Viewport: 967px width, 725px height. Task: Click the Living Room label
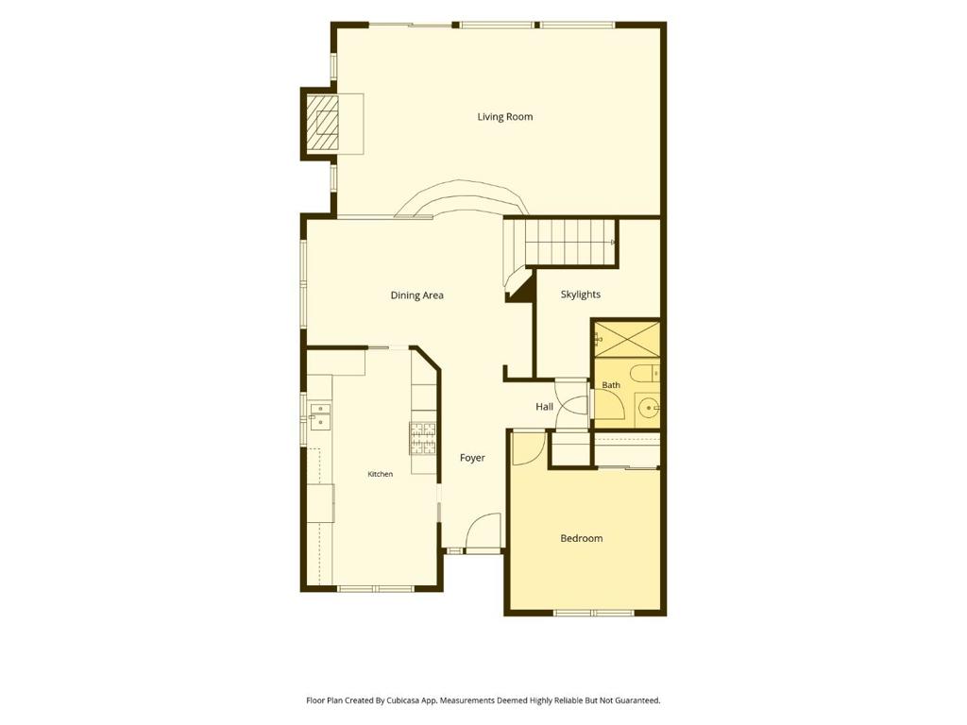coord(505,116)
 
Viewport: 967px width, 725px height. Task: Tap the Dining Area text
coord(416,295)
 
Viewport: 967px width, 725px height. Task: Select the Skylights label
coord(581,295)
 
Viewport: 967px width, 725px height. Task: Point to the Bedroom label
coord(581,538)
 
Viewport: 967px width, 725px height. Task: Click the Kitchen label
coord(380,474)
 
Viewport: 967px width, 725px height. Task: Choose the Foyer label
coord(472,458)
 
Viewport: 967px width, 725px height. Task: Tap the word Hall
coord(544,407)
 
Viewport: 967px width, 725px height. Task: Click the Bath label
coord(611,385)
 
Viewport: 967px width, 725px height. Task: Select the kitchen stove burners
coord(423,438)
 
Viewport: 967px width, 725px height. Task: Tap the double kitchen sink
coord(320,415)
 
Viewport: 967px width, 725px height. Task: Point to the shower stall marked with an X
coord(626,339)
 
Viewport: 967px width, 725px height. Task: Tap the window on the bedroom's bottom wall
coord(594,613)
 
